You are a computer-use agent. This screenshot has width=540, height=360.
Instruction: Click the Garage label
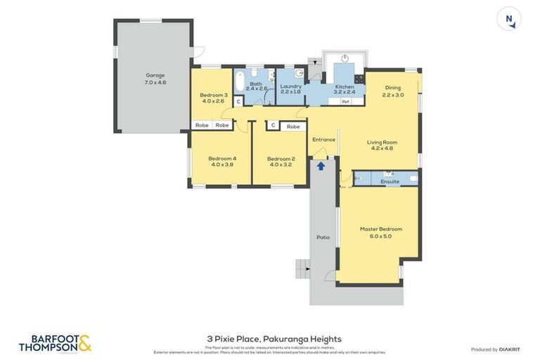coord(155,75)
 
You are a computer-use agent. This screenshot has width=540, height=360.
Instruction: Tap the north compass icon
coord(509,19)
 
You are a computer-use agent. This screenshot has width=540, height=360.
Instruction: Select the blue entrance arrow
coord(321,166)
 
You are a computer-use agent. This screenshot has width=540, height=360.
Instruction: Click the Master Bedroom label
coord(380,229)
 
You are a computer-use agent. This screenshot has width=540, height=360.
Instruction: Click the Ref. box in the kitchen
coord(345,102)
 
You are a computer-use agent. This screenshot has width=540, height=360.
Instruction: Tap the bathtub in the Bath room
coord(239,83)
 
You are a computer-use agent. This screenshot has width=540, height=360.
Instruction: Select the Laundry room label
coord(290,86)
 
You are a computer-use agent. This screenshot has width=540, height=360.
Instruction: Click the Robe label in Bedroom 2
coord(293,127)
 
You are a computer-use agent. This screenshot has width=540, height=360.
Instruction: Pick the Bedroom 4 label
coord(221,159)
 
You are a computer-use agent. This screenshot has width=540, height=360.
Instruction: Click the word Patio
coord(323,238)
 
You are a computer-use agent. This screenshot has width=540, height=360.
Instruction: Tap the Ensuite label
coord(390,181)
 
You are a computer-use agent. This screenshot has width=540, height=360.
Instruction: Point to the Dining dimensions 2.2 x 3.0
coord(393,95)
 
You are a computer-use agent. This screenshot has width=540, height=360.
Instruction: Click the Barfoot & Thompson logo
coord(55,343)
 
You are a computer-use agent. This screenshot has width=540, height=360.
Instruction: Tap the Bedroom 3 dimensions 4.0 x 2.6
coord(213,101)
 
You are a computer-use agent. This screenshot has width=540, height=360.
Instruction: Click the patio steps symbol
coord(302,267)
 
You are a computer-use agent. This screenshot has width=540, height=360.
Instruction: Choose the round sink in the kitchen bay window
coord(345,58)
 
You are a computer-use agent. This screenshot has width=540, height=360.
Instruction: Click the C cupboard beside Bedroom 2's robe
coord(272,126)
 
